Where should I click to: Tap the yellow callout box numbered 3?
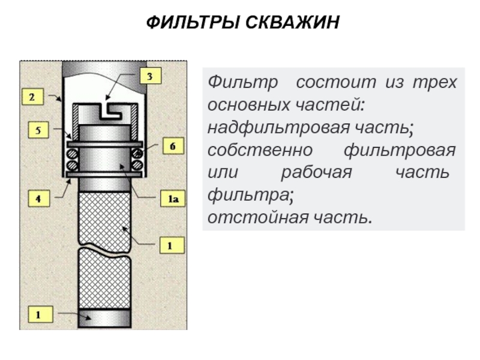click(x=151, y=76)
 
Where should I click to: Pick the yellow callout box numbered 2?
click(x=32, y=97)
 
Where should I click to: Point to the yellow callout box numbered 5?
click(x=38, y=130)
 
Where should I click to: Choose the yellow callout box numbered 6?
click(x=173, y=146)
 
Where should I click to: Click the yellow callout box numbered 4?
click(x=38, y=199)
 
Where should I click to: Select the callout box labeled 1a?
click(x=173, y=199)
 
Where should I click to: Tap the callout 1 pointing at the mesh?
click(x=172, y=245)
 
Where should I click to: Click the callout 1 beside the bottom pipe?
click(x=40, y=314)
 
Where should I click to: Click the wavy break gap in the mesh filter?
click(x=104, y=248)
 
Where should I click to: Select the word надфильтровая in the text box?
click(x=278, y=127)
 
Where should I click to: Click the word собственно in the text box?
click(x=260, y=151)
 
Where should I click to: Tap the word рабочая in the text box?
click(x=317, y=172)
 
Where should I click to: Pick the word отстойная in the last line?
click(x=258, y=218)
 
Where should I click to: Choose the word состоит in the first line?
click(x=336, y=82)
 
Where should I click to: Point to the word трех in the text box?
click(x=435, y=83)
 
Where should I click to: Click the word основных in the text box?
click(x=249, y=105)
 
